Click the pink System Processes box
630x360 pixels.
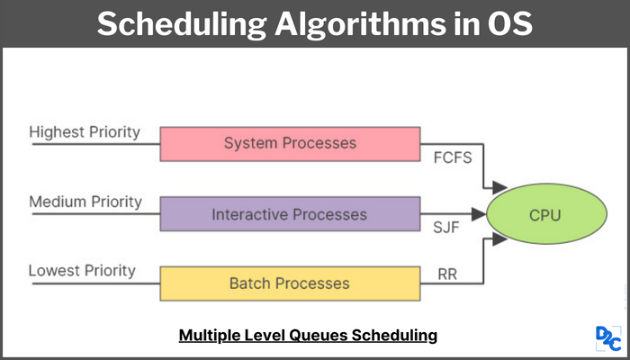pyautogui.click(x=290, y=143)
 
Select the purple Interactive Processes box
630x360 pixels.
pyautogui.click(x=290, y=214)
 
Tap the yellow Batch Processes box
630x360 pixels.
pyautogui.click(x=290, y=283)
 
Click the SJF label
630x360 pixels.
pyautogui.click(x=446, y=228)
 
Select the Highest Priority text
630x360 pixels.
pyautogui.click(x=85, y=131)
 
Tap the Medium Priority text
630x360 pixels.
pyautogui.click(x=85, y=202)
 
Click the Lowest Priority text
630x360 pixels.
pyautogui.click(x=82, y=270)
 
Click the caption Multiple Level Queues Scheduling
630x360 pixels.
pyautogui.click(x=308, y=335)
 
